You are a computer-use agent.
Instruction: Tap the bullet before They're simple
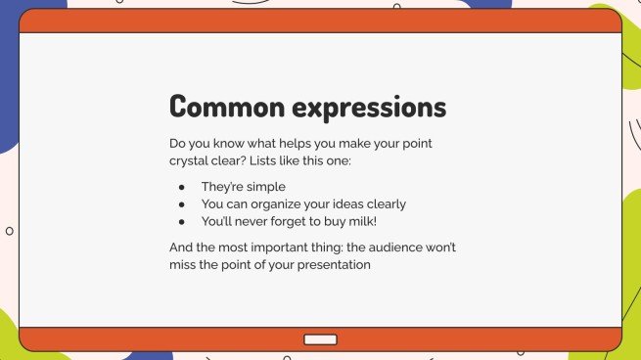click(x=181, y=186)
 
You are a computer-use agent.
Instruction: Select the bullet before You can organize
click(x=181, y=203)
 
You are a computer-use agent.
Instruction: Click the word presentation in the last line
click(x=337, y=264)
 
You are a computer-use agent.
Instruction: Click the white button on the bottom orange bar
click(x=320, y=339)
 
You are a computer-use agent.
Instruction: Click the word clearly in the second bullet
click(x=384, y=203)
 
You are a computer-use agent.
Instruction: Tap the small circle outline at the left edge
click(x=10, y=231)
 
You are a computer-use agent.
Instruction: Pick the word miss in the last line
click(x=184, y=264)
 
